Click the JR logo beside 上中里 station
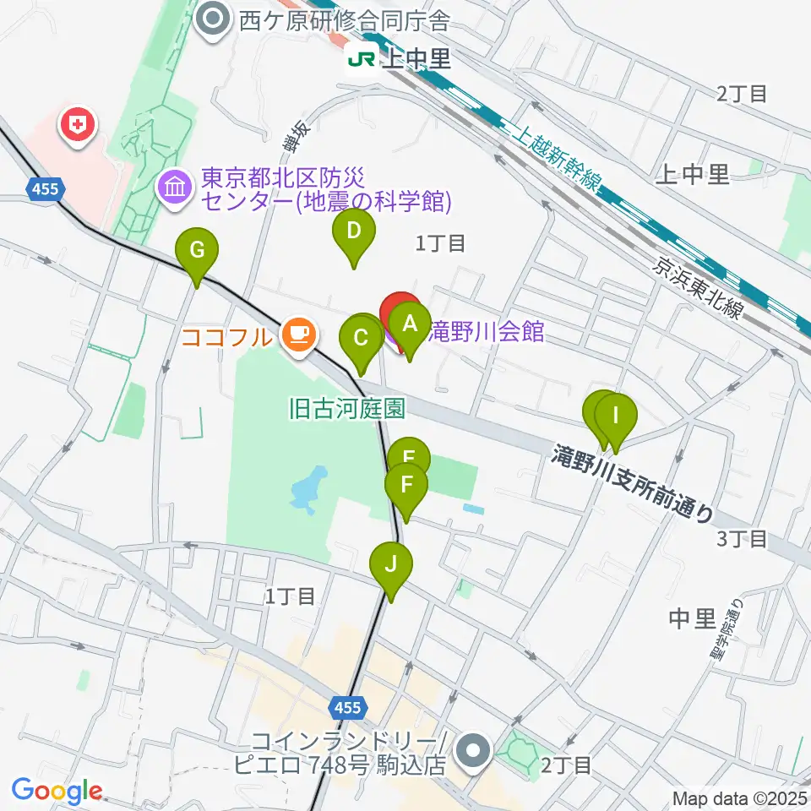tap(362, 59)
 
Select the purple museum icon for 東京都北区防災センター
tap(176, 186)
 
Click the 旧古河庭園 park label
tap(346, 410)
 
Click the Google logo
tap(57, 792)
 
